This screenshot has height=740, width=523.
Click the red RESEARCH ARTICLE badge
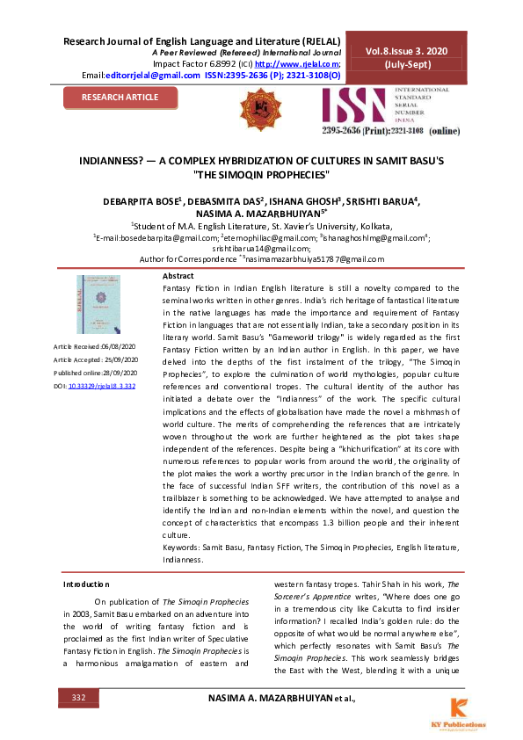click(120, 97)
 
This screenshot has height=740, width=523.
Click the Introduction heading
click(86, 584)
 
